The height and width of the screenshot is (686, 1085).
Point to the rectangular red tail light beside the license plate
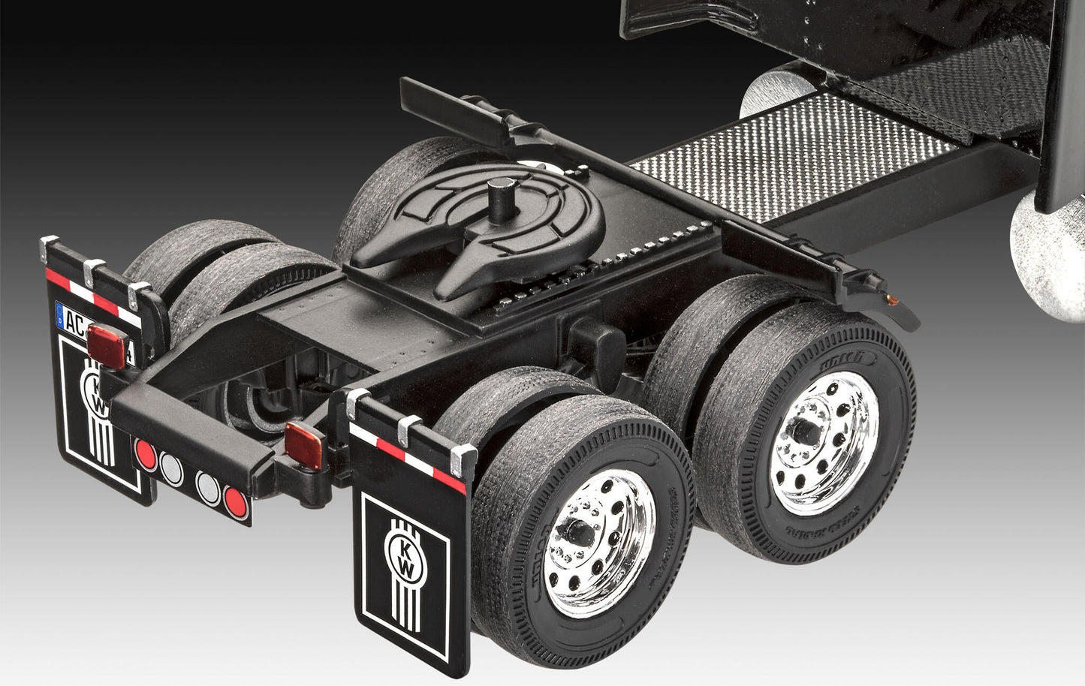107,346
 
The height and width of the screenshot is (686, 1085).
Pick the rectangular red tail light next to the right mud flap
304,443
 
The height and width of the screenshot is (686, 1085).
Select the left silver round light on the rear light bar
170,466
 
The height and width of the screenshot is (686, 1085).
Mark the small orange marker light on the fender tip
893,299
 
